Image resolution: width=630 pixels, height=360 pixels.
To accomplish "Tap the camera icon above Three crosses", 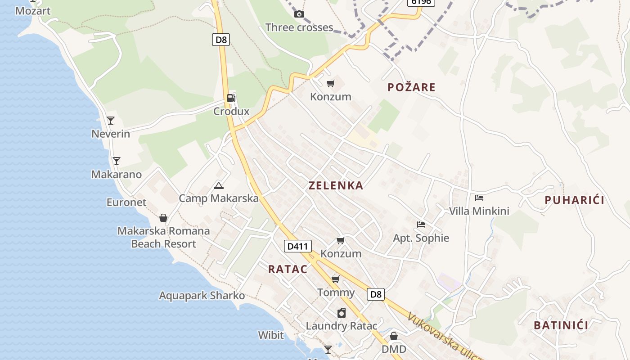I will [299, 14].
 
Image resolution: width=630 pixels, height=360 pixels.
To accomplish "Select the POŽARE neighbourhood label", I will [411, 87].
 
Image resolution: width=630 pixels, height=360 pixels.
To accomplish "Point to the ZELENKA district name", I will [336, 185].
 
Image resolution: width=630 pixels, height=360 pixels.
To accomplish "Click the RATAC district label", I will [288, 269].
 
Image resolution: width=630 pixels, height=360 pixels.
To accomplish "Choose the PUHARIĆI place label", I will [574, 200].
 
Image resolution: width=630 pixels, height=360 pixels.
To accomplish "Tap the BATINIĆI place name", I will [561, 325].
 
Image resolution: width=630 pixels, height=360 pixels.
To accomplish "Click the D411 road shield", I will [298, 246].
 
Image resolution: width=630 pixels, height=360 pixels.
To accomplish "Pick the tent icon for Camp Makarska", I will [219, 185].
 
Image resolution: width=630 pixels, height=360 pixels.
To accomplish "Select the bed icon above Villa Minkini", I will [479, 198].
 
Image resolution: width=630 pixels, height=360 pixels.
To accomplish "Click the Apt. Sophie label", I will [421, 238].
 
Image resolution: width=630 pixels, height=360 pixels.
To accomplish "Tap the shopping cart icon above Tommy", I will [335, 279].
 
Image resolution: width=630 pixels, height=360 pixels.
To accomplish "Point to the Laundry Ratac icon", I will [342, 313].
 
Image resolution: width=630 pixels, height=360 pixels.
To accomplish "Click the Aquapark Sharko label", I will [202, 296].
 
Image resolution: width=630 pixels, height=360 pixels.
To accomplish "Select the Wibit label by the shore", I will [271, 335].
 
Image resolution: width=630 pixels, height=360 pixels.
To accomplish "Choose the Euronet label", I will [126, 202].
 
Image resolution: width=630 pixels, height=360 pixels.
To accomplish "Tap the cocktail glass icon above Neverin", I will [111, 121].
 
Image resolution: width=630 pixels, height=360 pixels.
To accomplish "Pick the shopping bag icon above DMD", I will [394, 336].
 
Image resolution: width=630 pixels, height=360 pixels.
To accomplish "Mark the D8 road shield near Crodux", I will [221, 40].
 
